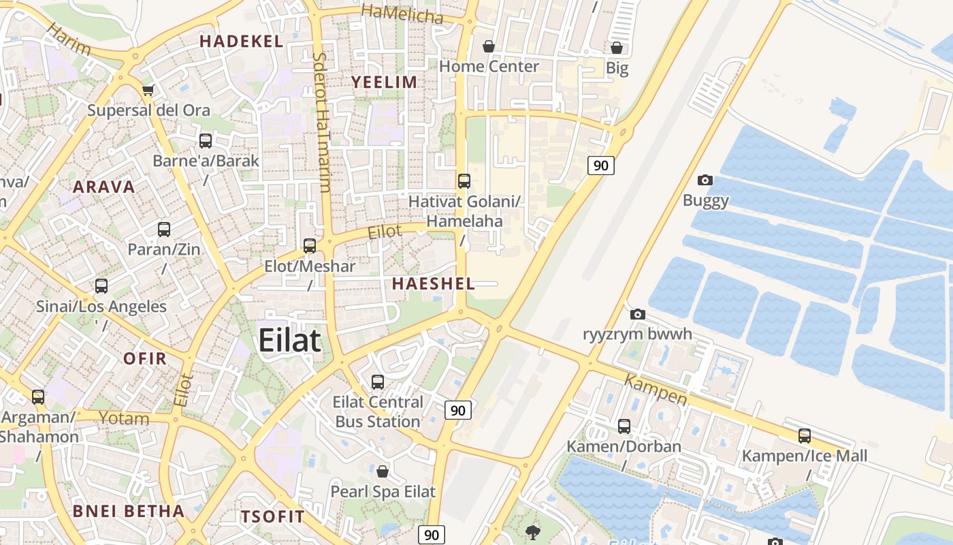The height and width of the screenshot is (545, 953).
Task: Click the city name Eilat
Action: (x=289, y=340)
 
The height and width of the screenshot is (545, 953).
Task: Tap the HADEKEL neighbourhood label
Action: (x=241, y=42)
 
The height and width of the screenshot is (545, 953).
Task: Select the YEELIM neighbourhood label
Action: (x=383, y=82)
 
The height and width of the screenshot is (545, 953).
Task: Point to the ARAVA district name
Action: (x=103, y=187)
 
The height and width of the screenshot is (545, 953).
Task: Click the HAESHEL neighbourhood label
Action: (x=433, y=283)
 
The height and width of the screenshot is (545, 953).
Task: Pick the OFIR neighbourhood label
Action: (x=145, y=358)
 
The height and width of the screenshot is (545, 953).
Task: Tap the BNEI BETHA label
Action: (x=129, y=511)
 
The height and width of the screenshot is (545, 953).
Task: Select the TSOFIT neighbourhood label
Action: (x=272, y=516)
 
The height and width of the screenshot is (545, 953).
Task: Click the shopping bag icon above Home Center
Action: (x=489, y=46)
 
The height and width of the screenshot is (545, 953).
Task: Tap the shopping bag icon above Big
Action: (x=617, y=48)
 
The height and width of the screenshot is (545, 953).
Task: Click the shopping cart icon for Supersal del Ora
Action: (x=148, y=90)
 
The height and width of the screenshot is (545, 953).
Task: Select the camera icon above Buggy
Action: (x=705, y=181)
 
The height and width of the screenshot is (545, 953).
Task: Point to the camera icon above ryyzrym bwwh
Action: (x=637, y=314)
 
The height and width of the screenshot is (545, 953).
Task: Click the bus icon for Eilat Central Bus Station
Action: (x=378, y=382)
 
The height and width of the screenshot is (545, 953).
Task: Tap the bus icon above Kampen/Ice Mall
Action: (x=805, y=436)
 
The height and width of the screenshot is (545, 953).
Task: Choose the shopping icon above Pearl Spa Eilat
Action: (x=383, y=471)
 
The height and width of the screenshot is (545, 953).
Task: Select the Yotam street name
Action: (x=124, y=418)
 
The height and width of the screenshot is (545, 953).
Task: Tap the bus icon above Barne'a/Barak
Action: (x=206, y=141)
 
